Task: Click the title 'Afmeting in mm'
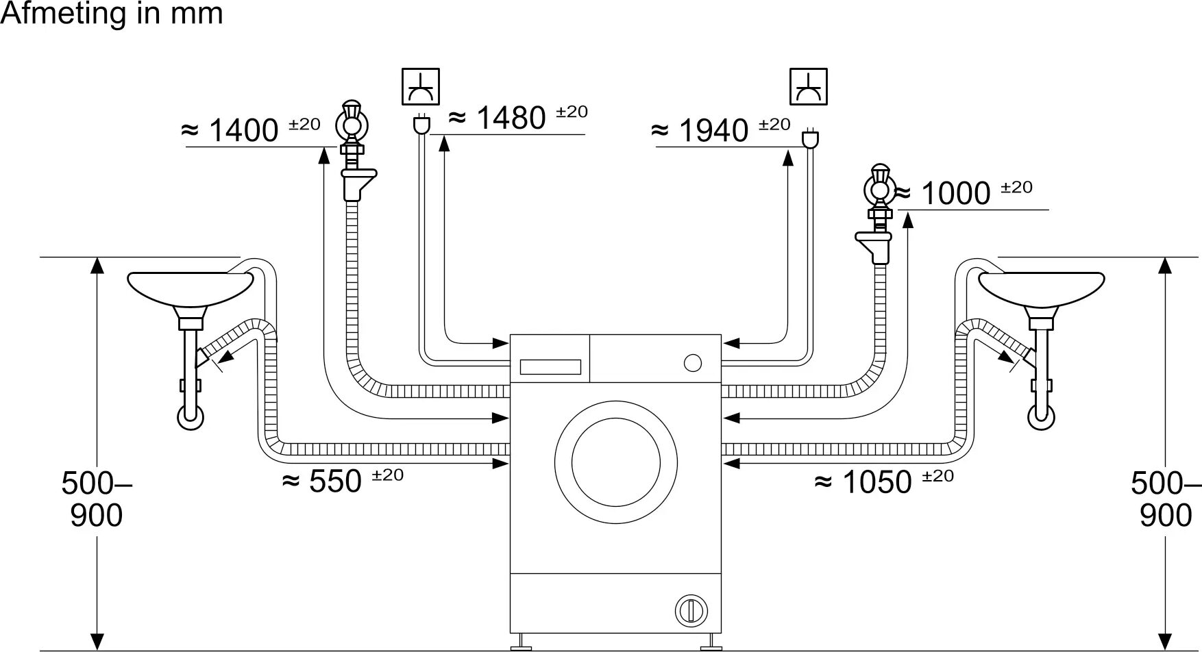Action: coord(112,14)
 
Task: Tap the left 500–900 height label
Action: coord(96,499)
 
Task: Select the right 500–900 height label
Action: coord(1165,499)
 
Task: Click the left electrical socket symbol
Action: coord(420,86)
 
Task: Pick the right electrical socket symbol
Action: coord(809,86)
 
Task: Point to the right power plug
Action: coord(811,138)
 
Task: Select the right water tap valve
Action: coord(879,188)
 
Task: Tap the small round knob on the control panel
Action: coord(693,362)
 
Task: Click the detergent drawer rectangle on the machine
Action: coord(550,367)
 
